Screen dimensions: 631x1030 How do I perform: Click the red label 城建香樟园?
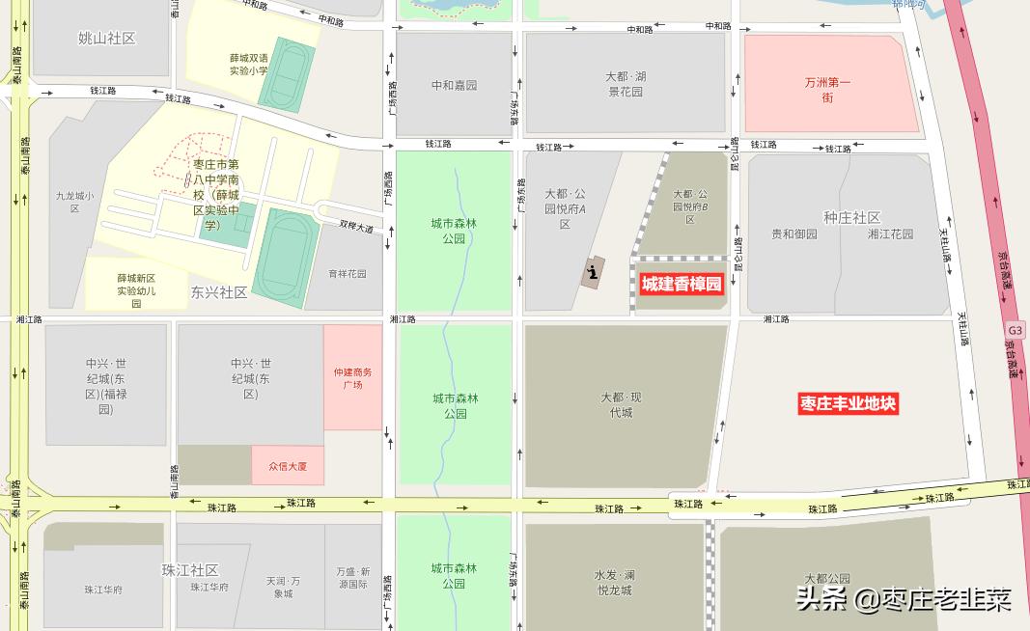pos(682,284)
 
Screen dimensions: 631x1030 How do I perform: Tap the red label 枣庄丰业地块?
pos(849,404)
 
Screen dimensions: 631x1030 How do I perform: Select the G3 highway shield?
pos(1015,330)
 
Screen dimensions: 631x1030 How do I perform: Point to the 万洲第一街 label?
pos(827,90)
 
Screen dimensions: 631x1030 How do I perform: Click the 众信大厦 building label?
pos(287,466)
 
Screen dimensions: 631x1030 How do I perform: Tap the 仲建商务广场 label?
pos(352,378)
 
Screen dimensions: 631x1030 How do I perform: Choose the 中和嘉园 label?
pos(454,86)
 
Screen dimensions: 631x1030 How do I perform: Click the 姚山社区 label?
pos(106,39)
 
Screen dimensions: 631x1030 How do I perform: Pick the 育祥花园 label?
pos(348,274)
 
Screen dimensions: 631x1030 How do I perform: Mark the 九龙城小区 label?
pos(74,202)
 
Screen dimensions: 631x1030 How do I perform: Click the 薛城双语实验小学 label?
pos(248,64)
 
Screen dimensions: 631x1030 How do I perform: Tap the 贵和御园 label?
pos(794,233)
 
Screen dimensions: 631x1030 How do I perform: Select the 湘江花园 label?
pos(890,233)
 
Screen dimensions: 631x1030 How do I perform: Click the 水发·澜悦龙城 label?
pos(613,583)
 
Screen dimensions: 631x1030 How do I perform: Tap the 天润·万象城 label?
pos(283,587)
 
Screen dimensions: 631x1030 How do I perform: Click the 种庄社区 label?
pos(852,217)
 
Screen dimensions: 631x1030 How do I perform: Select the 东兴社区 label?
pos(219,292)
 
